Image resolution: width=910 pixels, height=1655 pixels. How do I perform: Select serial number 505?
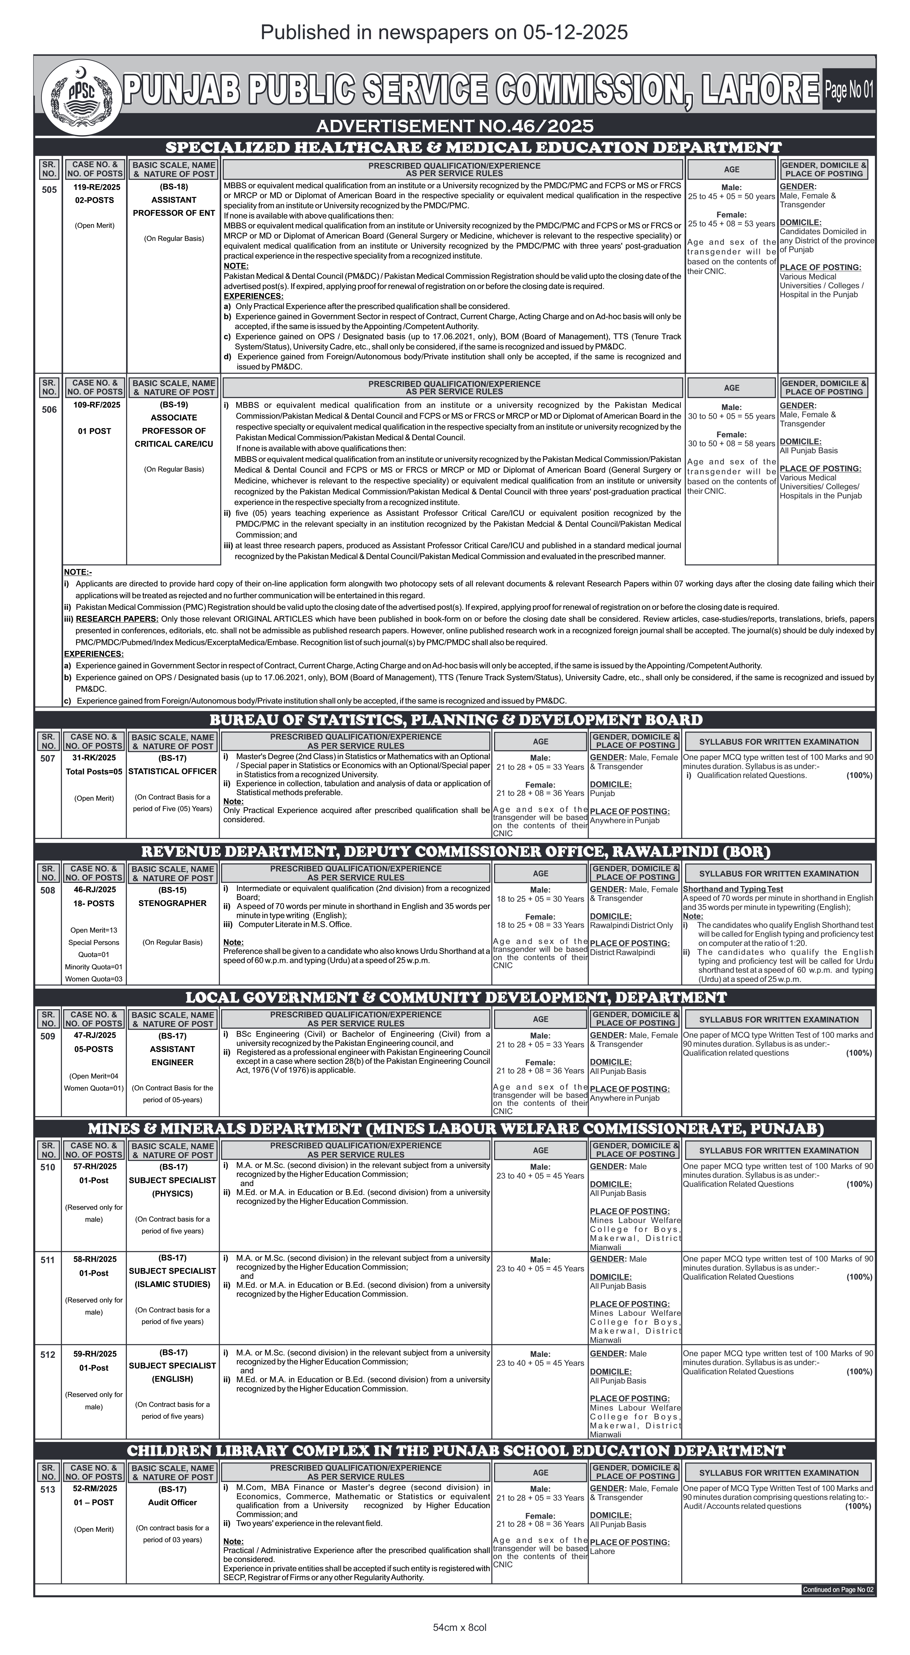(x=49, y=189)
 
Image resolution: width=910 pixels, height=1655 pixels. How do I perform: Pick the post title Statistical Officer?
(x=173, y=771)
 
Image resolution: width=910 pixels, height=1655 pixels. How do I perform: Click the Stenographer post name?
(x=173, y=903)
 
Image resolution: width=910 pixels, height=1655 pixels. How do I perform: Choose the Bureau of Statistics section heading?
(x=455, y=720)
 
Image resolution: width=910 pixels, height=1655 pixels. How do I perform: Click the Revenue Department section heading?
(x=455, y=851)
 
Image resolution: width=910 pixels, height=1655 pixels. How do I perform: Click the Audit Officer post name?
(x=173, y=1502)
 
